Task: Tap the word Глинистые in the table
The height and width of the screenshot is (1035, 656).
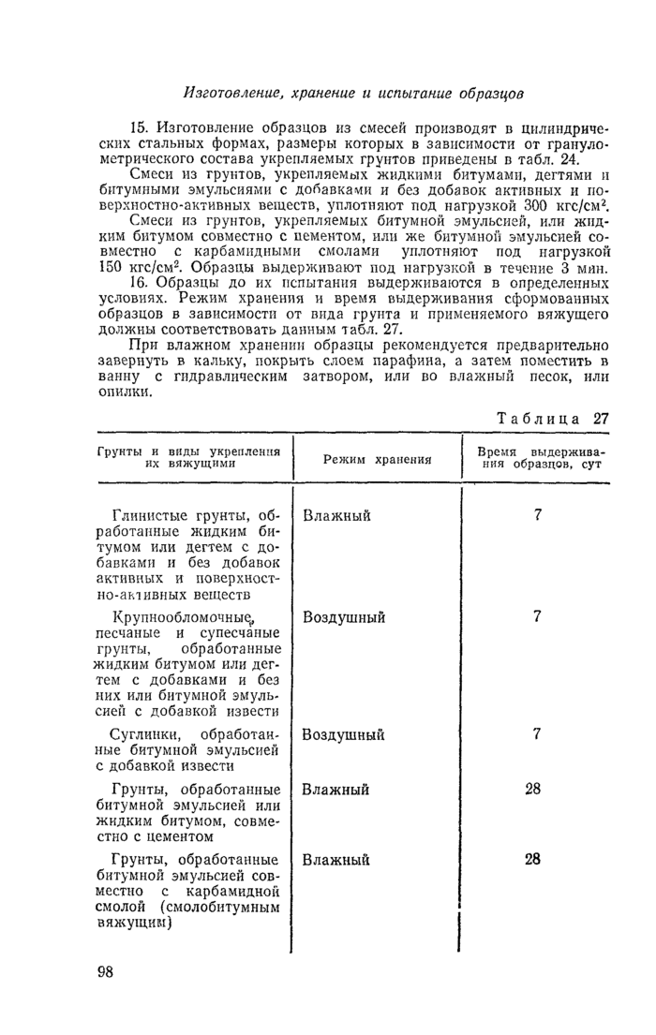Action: click(147, 516)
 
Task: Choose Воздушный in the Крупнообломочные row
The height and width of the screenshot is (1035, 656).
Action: click(343, 618)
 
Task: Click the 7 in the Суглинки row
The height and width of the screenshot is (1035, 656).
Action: click(536, 734)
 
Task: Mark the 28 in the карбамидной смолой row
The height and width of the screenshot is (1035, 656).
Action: click(532, 859)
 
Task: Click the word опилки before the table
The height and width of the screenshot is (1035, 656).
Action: click(126, 393)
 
